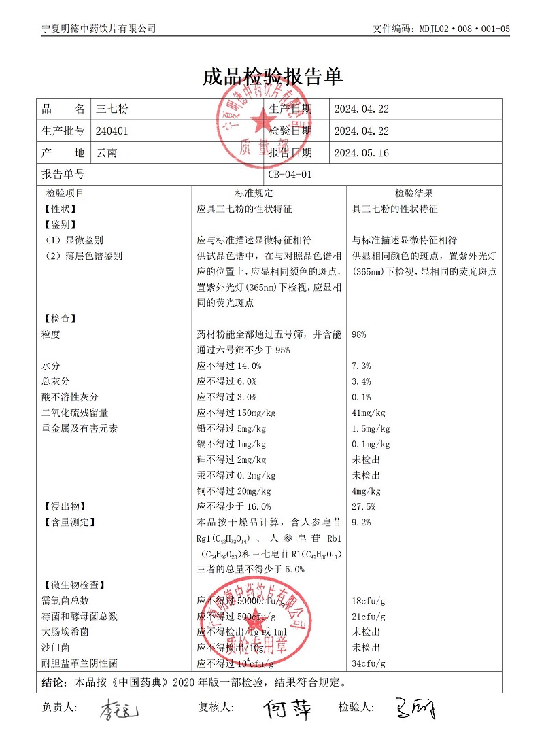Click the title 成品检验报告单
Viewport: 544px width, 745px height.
(272, 77)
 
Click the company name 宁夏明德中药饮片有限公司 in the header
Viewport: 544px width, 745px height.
(99, 29)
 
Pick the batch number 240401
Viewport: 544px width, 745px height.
(112, 131)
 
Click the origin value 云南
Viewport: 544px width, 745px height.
(107, 153)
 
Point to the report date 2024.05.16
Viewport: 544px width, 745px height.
(361, 153)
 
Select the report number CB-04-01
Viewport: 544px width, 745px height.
(290, 175)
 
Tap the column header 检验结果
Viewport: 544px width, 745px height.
(414, 194)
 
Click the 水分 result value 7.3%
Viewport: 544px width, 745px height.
(361, 366)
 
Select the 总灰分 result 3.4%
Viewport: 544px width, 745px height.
(361, 381)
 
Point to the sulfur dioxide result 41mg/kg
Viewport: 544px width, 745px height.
(369, 413)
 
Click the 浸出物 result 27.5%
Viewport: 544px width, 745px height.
(364, 506)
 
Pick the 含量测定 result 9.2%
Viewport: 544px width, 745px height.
(361, 522)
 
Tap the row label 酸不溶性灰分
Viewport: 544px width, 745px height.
(70, 397)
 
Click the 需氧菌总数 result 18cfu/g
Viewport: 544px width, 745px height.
(369, 601)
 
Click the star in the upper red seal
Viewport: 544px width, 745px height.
(262, 123)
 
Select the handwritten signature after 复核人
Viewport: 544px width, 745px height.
(288, 709)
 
